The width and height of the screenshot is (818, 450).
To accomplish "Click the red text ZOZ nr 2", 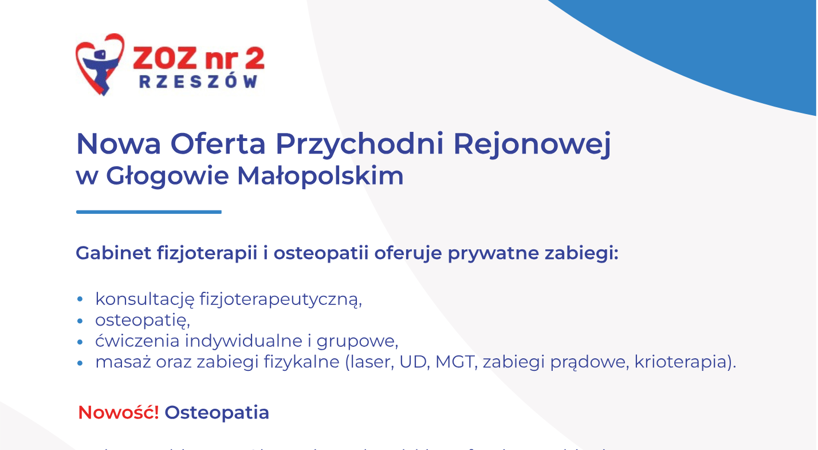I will coord(198,57).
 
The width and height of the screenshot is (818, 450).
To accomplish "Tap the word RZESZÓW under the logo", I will coord(198,82).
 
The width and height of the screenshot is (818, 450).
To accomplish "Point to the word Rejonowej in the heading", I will coord(532,145).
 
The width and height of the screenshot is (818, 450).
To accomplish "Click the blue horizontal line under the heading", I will coord(148,212).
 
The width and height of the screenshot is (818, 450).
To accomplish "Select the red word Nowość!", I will coord(119,412).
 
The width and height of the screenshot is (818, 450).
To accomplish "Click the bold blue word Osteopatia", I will coord(217,412).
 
